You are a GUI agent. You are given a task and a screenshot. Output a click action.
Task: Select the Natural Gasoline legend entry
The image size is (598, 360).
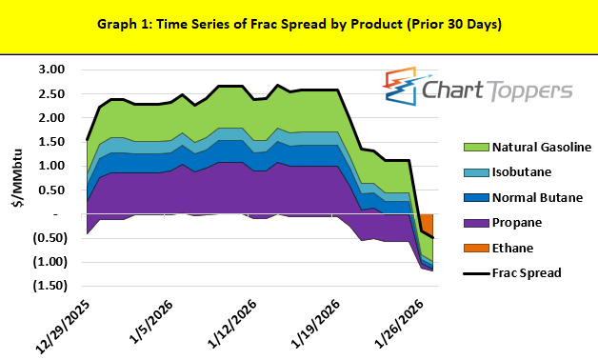coord(542,147)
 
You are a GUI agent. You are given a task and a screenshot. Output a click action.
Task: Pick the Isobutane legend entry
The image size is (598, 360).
coord(521,172)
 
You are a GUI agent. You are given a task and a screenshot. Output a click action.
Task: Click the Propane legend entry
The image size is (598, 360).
coord(517,222)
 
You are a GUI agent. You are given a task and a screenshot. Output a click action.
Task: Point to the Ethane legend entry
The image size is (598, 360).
coord(514,248)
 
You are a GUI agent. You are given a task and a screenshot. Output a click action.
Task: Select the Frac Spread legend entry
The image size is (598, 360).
coord(528,272)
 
